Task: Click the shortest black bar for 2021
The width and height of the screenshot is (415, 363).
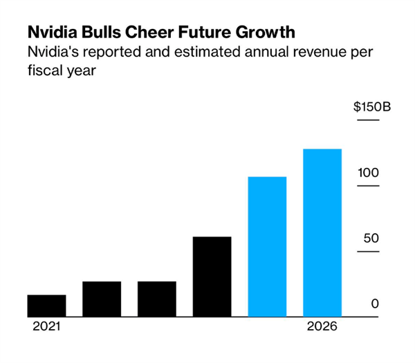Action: (x=46, y=306)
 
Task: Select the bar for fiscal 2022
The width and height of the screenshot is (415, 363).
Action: (x=102, y=299)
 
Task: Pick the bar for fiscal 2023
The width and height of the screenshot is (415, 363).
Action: (x=157, y=299)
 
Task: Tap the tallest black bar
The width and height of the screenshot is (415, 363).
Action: (x=212, y=277)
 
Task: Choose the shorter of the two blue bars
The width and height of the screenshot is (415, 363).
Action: (x=267, y=247)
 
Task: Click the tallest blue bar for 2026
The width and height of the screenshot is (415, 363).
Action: (x=322, y=233)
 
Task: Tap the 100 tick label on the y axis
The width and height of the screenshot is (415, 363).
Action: (x=368, y=171)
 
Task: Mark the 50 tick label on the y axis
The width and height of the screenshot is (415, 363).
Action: (x=371, y=239)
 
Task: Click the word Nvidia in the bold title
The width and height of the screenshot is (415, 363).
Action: (x=50, y=32)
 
